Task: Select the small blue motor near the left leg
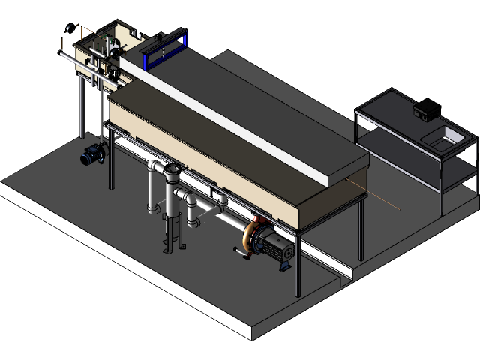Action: click(93, 155)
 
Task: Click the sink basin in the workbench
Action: click(452, 136)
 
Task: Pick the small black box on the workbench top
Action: click(425, 109)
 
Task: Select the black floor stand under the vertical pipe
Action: click(172, 232)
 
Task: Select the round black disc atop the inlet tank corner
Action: click(72, 31)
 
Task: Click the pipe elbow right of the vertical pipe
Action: click(187, 199)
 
